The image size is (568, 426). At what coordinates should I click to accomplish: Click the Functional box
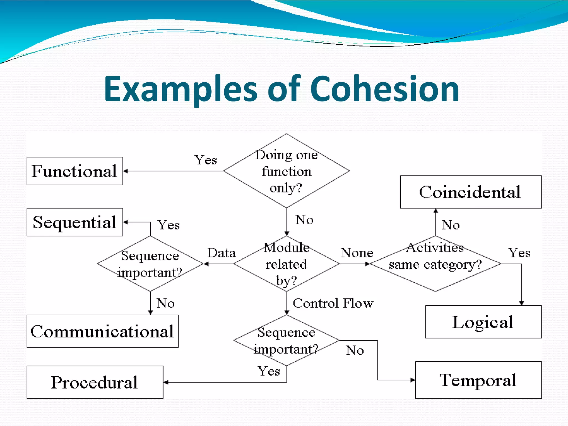click(75, 171)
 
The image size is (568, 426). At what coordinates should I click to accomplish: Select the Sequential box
click(75, 222)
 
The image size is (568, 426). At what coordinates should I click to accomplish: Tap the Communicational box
click(102, 331)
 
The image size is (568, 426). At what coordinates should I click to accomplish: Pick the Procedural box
click(95, 382)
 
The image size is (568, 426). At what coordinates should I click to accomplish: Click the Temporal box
click(478, 380)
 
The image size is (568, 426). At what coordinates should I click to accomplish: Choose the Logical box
click(483, 322)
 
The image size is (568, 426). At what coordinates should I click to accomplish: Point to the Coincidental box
click(471, 192)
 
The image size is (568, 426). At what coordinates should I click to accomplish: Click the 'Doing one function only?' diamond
click(286, 171)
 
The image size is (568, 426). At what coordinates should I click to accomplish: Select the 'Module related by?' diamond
click(286, 264)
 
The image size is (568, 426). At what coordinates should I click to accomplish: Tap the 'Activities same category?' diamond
click(435, 264)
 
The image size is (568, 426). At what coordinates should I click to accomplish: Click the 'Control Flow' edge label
click(333, 303)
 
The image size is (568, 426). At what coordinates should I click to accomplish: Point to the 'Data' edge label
click(222, 253)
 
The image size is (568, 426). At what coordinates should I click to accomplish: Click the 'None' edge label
click(357, 253)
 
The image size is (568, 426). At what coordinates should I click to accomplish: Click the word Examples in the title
click(181, 89)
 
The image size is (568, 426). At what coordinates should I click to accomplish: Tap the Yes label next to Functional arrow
click(206, 160)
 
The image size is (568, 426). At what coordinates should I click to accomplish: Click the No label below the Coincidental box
click(451, 225)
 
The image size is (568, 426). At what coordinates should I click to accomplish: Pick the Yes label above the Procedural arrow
click(268, 371)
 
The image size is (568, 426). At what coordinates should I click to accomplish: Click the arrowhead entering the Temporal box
click(413, 380)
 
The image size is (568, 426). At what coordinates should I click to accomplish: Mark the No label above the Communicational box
click(166, 303)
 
